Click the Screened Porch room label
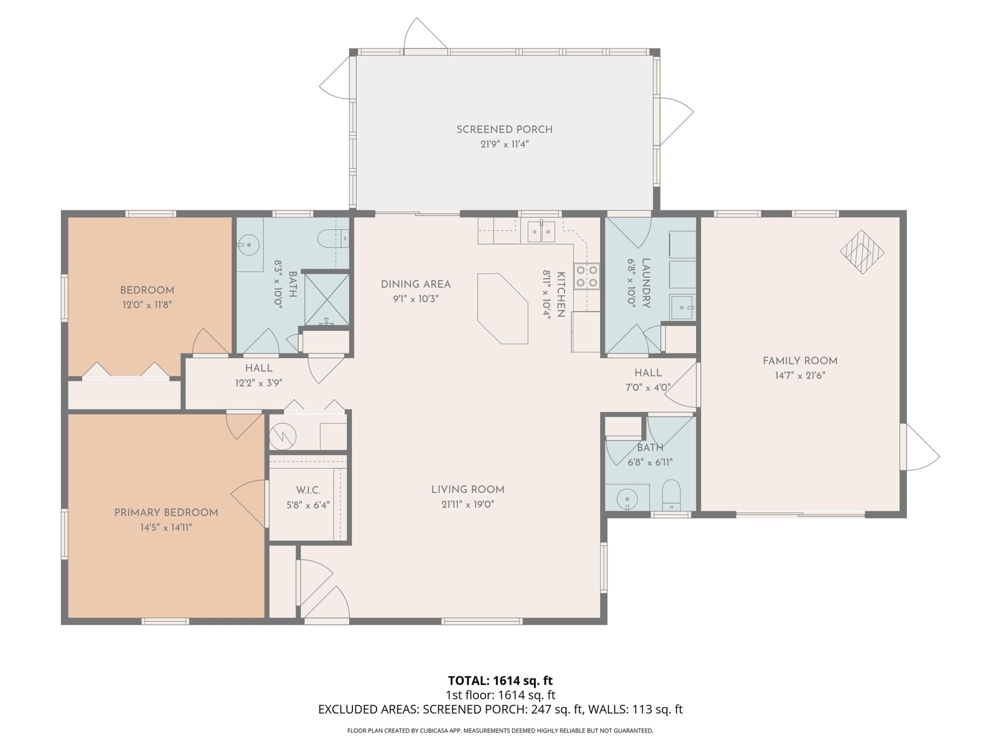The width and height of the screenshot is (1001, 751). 504,129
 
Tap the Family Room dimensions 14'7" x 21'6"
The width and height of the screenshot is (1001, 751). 800,375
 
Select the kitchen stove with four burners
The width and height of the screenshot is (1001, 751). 587,276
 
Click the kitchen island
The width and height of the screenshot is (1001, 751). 503,308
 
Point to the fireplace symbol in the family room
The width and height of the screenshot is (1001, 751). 862,252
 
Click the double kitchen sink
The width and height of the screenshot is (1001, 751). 541,232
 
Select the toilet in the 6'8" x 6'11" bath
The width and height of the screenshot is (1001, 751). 671,495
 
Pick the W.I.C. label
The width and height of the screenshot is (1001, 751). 308,490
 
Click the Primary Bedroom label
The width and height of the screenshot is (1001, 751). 166,512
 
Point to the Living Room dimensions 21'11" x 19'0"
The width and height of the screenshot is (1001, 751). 468,504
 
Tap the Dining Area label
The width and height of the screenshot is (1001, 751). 416,284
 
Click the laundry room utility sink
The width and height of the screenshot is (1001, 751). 682,308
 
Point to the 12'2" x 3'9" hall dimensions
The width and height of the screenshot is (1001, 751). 259,383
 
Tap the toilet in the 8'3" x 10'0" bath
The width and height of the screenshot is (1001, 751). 333,238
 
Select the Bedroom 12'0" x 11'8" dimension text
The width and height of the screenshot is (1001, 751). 147,305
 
